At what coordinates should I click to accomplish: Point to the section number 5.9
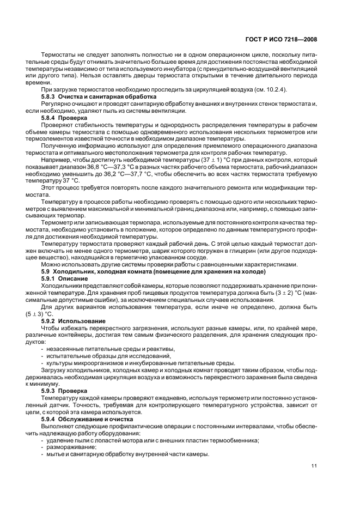coord(46,271)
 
